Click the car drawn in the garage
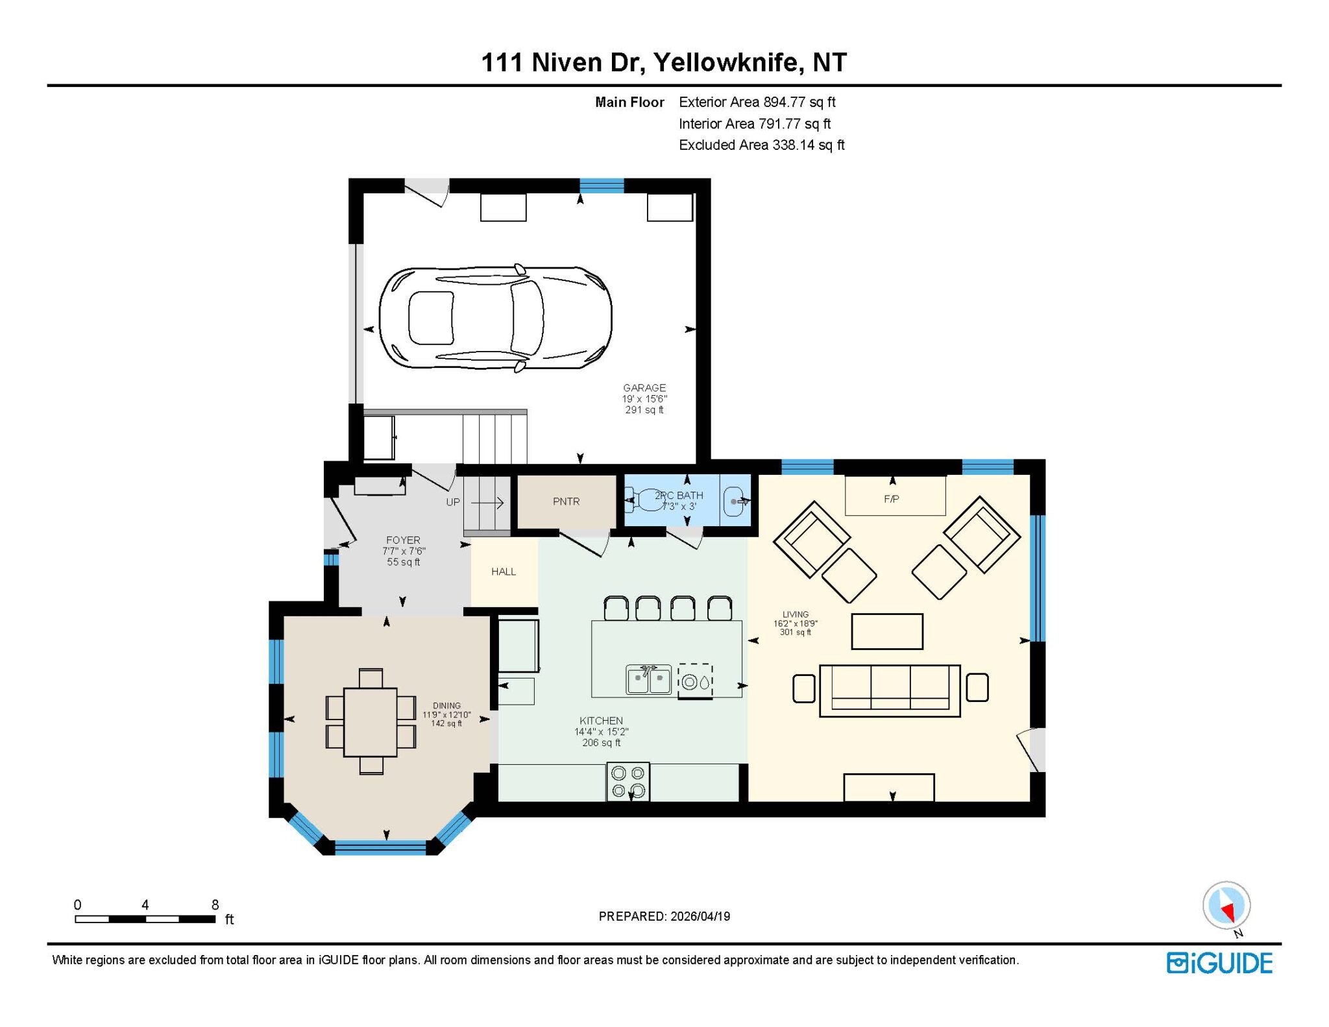pos(495,318)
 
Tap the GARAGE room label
pos(644,388)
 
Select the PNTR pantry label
pos(567,501)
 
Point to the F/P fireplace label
pos(892,499)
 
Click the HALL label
pos(504,572)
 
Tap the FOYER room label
pos(403,540)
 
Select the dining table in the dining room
pos(371,722)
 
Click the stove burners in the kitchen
pos(628,782)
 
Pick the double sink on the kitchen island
pos(649,679)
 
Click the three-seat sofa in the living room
pos(890,690)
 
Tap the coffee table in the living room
pos(887,631)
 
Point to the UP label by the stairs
pos(453,502)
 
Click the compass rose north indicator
pos(1227,906)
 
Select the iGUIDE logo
pos(1219,963)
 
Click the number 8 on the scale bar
pos(215,904)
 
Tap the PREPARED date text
pos(664,916)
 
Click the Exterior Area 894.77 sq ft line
pos(757,102)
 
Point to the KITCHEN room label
pos(601,721)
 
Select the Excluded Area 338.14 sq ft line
pos(762,145)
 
